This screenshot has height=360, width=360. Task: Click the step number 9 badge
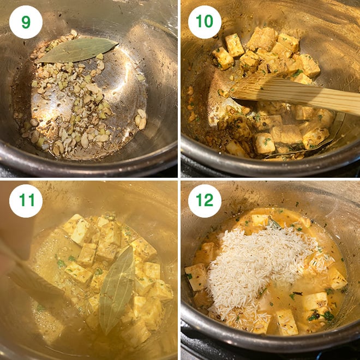(26, 22)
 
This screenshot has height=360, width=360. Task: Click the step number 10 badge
(205, 22)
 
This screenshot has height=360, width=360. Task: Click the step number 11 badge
(26, 201)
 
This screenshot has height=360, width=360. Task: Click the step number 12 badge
(205, 201)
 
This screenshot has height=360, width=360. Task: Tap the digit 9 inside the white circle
(26, 22)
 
